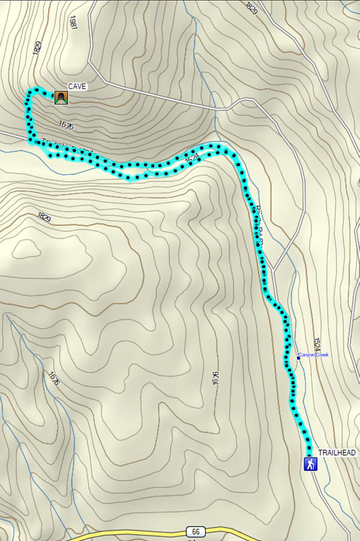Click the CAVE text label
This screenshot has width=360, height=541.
[x=77, y=86]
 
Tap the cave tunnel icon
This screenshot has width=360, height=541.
[x=60, y=97]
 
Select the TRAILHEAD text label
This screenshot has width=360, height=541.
[x=337, y=452]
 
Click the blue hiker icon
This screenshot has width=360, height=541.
[x=310, y=464]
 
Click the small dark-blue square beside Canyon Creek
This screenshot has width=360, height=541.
[x=298, y=358]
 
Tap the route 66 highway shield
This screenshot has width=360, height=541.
[x=193, y=532]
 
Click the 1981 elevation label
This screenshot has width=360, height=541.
[x=73, y=24]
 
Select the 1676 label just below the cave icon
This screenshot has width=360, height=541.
[x=66, y=125]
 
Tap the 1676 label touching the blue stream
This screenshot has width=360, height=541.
[x=54, y=378]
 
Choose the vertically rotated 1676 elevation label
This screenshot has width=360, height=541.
[x=214, y=378]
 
